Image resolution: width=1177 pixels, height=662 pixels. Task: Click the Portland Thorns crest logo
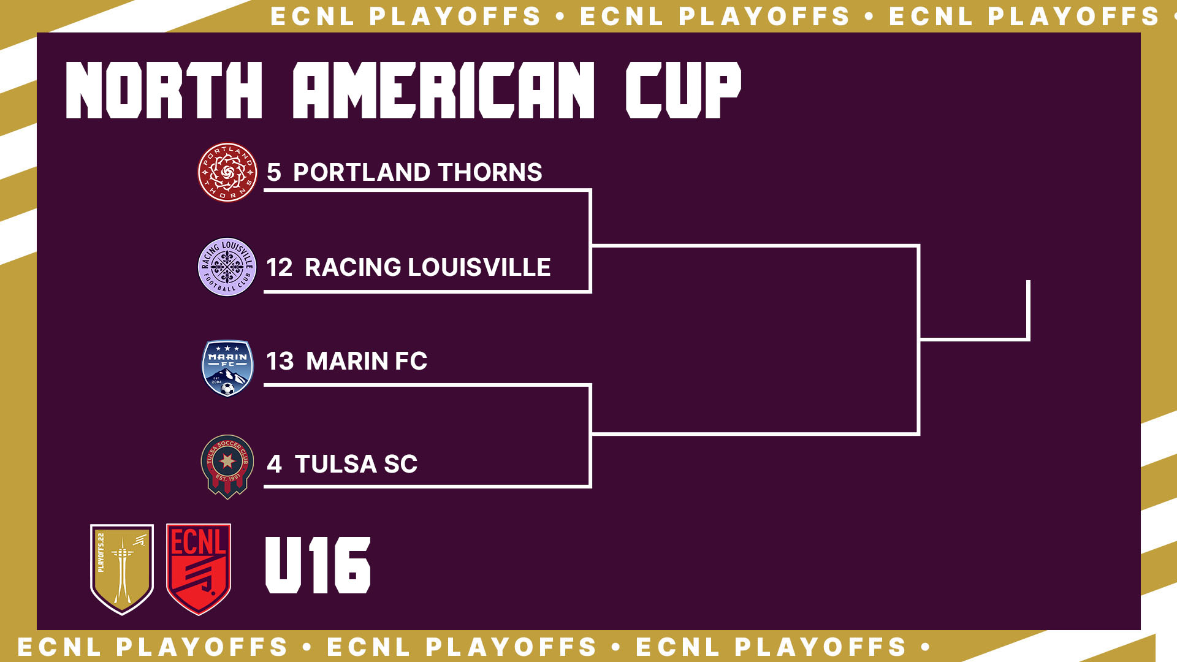227,172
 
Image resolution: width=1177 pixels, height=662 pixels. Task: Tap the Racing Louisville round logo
227,267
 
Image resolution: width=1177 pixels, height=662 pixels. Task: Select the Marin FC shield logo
227,368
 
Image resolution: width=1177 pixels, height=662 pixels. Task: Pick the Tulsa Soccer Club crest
227,466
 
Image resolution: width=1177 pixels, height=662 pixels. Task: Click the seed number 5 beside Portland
273,172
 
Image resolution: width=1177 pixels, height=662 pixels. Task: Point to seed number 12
280,267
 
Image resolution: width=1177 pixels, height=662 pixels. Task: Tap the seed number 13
280,361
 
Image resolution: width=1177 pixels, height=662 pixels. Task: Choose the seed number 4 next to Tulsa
274,464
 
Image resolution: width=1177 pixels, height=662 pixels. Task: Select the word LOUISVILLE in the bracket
479,267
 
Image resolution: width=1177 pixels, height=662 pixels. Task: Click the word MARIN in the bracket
347,361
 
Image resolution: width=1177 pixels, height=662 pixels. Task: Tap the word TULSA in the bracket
335,464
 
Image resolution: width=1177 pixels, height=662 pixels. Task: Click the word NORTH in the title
164,89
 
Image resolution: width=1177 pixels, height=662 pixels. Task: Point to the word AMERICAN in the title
444,89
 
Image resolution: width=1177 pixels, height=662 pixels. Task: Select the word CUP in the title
684,89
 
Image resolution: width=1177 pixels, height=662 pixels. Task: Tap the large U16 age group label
318,565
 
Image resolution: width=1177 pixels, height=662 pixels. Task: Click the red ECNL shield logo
199,569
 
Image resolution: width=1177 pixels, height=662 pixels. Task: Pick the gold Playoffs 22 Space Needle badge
122,569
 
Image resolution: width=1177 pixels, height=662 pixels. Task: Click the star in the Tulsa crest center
227,460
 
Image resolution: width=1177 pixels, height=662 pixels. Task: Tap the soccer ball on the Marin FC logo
227,389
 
